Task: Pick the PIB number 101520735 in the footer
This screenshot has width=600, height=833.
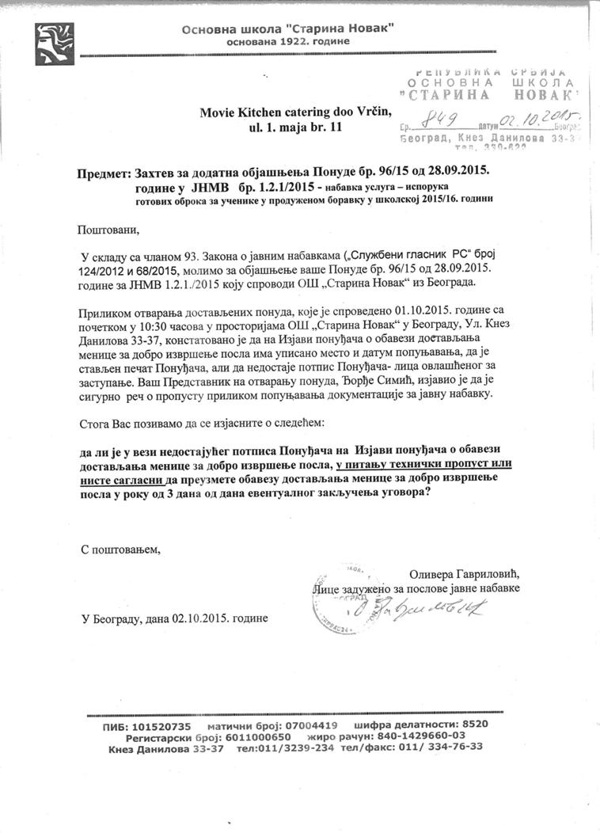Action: coord(158,726)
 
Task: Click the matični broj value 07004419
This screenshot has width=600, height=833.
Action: coord(309,726)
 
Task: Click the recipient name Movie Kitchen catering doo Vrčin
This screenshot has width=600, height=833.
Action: coord(295,113)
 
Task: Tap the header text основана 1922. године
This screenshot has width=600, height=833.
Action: coord(287,40)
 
